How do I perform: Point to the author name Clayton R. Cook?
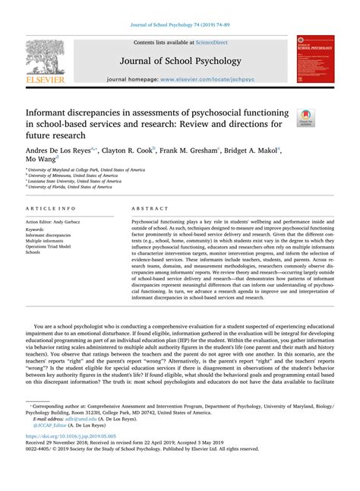[x=129, y=151]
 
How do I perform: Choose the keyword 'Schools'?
[x=34, y=253]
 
